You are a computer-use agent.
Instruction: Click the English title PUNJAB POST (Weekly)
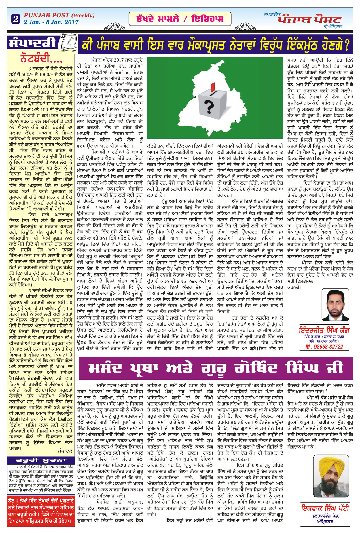click(x=59, y=15)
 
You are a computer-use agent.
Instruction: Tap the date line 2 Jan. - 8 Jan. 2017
click(x=51, y=22)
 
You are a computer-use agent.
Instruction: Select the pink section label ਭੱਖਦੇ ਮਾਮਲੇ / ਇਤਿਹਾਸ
click(x=180, y=19)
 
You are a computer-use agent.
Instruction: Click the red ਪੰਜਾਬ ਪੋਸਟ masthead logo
click(x=310, y=20)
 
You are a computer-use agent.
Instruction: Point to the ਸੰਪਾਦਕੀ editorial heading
click(x=32, y=43)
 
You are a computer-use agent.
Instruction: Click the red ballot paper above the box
click(x=213, y=86)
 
